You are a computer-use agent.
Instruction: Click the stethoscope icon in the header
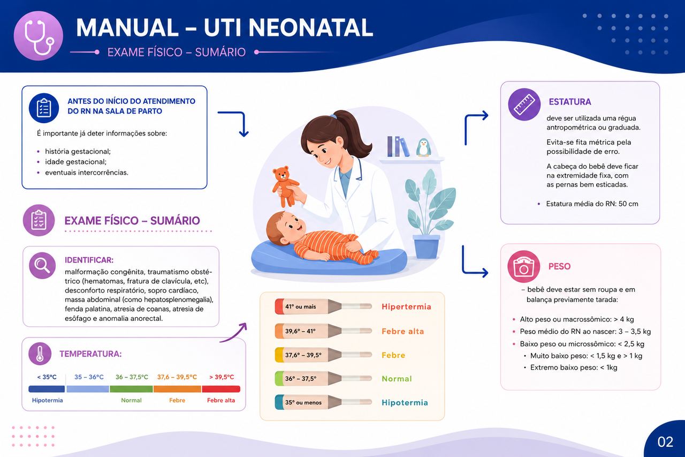pos(38,36)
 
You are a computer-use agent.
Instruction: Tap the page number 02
pos(665,442)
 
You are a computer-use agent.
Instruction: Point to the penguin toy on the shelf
pos(423,147)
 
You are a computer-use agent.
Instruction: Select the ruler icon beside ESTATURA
pos(524,104)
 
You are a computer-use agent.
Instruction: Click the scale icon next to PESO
pos(523,267)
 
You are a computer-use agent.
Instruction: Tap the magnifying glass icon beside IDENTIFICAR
pos(42,265)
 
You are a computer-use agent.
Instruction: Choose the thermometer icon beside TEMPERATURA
pos(40,354)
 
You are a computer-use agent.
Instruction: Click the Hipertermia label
pos(406,306)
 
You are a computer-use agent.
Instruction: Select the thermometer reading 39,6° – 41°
pos(323,331)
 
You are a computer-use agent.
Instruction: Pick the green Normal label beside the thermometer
pos(397,379)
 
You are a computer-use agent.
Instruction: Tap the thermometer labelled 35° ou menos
pos(323,402)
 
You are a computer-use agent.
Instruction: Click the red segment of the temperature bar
pos(221,389)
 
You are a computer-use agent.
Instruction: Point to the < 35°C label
pos(47,377)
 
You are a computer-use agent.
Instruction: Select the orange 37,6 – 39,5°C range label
pos(177,377)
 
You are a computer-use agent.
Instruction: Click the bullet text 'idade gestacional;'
pos(75,162)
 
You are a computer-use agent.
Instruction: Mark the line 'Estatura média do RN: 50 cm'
pos(592,204)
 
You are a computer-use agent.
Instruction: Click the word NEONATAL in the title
pos(311,27)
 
